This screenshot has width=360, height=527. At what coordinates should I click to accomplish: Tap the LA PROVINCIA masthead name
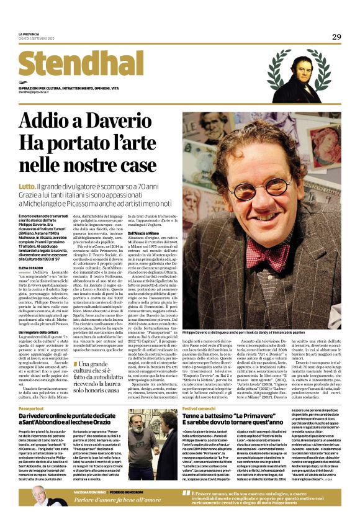pos(29,34)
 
